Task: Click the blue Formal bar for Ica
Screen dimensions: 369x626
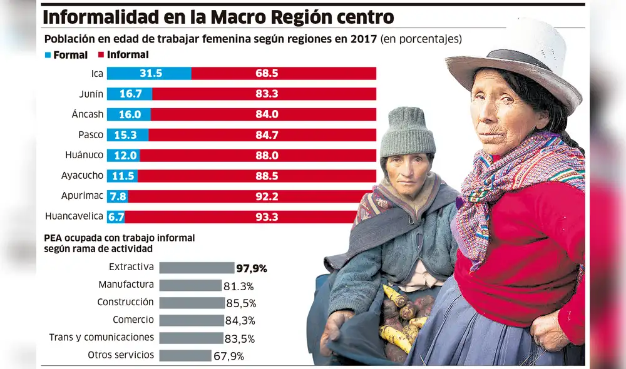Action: coord(149,74)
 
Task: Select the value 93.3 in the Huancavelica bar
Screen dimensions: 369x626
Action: coord(267,217)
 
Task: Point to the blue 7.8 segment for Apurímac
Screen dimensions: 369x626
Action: coord(118,196)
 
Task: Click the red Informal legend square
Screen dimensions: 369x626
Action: coord(101,55)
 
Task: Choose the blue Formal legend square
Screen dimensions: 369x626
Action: coord(48,55)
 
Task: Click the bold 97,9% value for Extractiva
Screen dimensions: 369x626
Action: coord(252,268)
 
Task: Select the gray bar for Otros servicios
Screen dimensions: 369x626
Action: coord(185,356)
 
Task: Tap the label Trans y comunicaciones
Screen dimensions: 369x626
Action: coord(101,337)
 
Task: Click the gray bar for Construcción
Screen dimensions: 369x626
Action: coord(192,303)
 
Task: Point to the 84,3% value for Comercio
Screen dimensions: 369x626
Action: coord(240,321)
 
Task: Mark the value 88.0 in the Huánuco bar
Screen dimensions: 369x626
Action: coord(267,155)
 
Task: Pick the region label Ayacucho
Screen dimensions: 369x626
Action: coord(82,176)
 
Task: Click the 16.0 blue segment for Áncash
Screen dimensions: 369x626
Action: coord(128,114)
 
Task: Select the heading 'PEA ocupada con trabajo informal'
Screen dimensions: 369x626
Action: coord(120,238)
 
